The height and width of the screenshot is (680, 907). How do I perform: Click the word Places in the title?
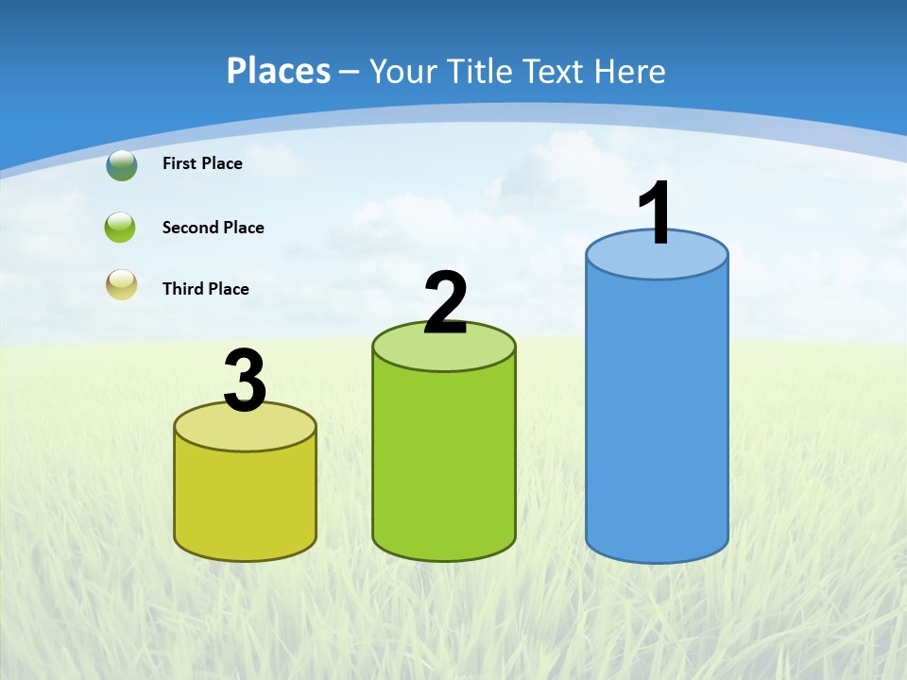[x=279, y=71]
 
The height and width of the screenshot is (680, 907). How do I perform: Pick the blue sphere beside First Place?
[x=122, y=165]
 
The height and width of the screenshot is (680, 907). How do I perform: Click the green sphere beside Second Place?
[x=121, y=228]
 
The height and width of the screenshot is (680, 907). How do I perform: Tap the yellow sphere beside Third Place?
[x=122, y=284]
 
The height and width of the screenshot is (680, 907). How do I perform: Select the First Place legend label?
[x=202, y=163]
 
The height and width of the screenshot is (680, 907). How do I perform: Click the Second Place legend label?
[x=213, y=228]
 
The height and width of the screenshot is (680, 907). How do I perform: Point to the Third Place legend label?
[x=205, y=289]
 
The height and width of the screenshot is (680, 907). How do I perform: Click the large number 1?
[x=656, y=212]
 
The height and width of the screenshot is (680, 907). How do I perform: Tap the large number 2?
[x=445, y=302]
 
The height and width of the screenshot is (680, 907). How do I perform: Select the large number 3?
[x=245, y=382]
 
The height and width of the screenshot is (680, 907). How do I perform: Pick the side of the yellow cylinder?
[x=245, y=501]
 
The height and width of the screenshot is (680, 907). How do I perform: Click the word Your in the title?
[x=404, y=71]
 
